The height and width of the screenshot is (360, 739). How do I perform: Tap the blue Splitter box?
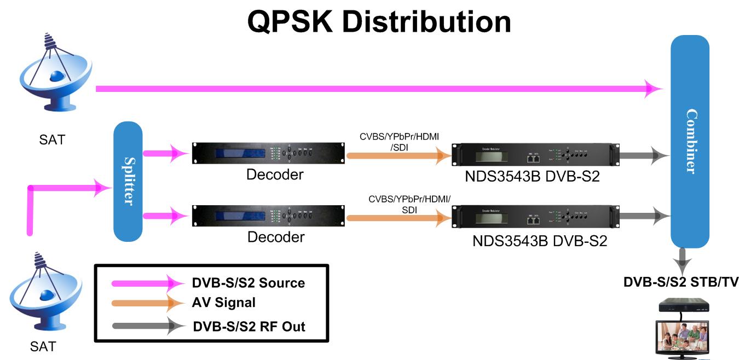tap(128, 181)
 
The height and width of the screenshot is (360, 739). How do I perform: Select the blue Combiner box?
tap(690, 141)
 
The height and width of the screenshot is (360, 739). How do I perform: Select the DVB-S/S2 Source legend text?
tap(248, 283)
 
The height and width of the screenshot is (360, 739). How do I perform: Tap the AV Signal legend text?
tap(223, 302)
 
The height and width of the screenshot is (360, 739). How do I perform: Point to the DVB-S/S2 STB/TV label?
tap(681, 282)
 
